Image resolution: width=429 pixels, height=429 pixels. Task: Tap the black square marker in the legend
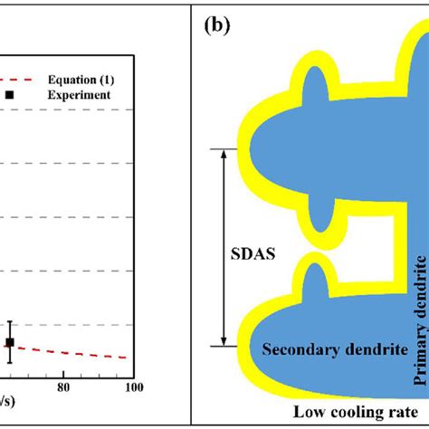[x=10, y=93]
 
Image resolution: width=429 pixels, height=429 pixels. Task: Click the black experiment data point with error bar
[x=10, y=342]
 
